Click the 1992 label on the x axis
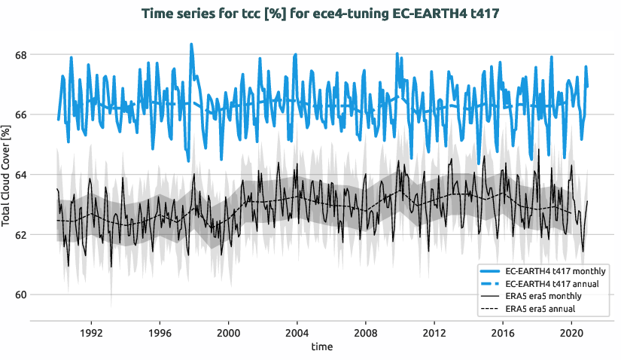point(91,332)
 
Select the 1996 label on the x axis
point(160,332)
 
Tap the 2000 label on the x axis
point(228,332)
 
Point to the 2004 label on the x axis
point(297,332)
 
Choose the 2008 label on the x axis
point(365,332)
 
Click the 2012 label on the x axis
point(434,332)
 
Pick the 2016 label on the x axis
point(503,332)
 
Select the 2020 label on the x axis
point(571,332)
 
